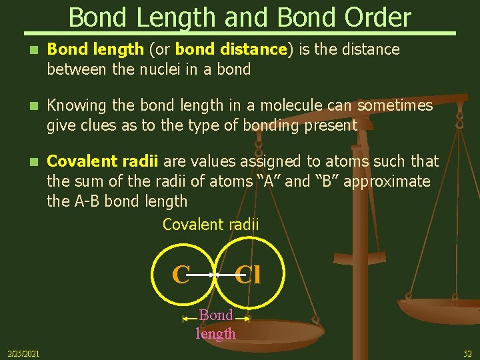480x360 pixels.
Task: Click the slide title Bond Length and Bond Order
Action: tap(240, 17)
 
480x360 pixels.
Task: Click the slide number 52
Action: tap(467, 353)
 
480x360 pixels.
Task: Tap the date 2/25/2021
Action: tap(23, 353)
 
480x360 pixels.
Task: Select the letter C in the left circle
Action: tap(181, 274)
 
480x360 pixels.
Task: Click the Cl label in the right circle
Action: tap(248, 274)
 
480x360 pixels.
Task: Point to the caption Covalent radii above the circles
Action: tap(211, 225)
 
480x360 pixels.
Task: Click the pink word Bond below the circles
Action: tap(216, 315)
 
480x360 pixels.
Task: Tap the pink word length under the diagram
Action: tap(216, 333)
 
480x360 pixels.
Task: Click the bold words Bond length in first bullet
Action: tap(95, 49)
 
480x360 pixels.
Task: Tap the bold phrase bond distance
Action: tap(229, 49)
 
